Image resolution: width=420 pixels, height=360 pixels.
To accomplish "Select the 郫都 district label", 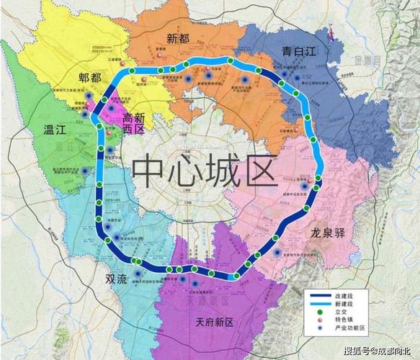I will (x=93, y=78).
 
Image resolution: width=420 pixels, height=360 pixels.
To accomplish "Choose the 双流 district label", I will (x=118, y=278).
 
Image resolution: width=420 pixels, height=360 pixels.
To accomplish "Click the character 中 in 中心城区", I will (x=147, y=171).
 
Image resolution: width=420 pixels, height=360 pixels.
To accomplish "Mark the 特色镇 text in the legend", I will (x=343, y=319).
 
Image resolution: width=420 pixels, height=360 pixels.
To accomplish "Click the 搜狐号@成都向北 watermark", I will (x=378, y=351).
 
